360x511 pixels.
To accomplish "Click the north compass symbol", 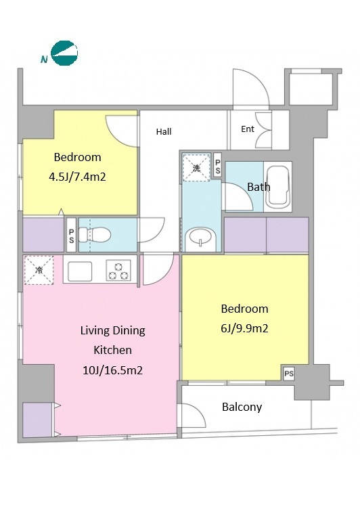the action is (x=64, y=53).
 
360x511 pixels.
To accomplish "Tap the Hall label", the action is (x=164, y=132).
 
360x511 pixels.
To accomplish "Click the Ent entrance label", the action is (x=248, y=129).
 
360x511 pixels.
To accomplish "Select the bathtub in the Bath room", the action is (x=277, y=187).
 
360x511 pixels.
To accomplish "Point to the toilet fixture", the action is (x=95, y=235).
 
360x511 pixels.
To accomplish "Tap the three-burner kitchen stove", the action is (x=118, y=270).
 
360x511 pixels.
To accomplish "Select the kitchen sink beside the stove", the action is (x=80, y=271).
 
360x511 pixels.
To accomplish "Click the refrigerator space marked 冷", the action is (x=39, y=270).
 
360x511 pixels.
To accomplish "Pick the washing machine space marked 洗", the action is (x=196, y=167).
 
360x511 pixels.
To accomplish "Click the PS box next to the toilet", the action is (x=71, y=236).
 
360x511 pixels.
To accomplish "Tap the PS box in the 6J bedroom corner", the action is (x=289, y=373).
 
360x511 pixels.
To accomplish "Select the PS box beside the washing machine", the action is (x=217, y=166).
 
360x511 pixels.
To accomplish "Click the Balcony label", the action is (x=242, y=407).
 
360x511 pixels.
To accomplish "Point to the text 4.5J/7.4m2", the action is (x=77, y=177).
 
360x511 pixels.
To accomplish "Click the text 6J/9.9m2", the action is (x=245, y=328).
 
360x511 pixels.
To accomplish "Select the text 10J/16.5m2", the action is (x=113, y=370).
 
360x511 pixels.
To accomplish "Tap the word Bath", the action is (x=258, y=187).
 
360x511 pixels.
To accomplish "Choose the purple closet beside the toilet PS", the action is (x=43, y=235).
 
